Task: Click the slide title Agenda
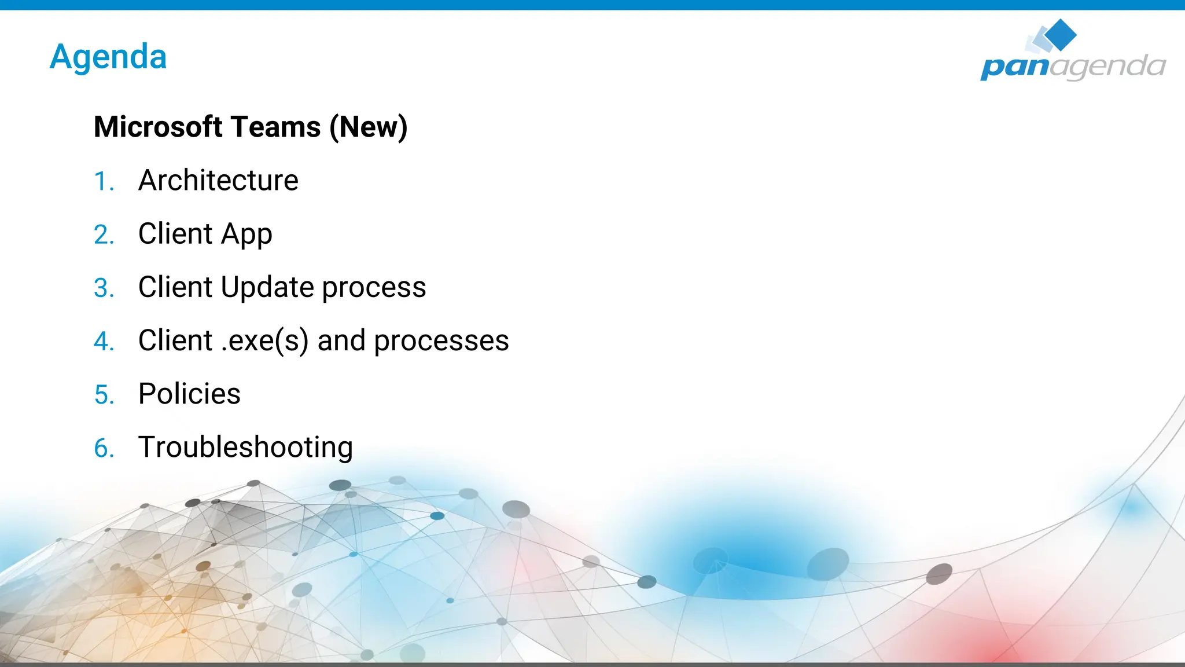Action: pyautogui.click(x=108, y=57)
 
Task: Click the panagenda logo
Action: pyautogui.click(x=1073, y=52)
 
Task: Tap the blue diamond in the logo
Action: pyautogui.click(x=1061, y=34)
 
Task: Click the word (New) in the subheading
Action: pyautogui.click(x=369, y=127)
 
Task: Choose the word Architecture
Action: pyautogui.click(x=218, y=181)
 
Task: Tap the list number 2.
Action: pyautogui.click(x=103, y=235)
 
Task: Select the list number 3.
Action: pyautogui.click(x=103, y=288)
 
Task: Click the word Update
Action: pyautogui.click(x=267, y=288)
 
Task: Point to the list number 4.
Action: pyautogui.click(x=103, y=342)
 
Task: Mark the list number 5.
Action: pyautogui.click(x=103, y=395)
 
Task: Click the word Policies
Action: pyautogui.click(x=189, y=394)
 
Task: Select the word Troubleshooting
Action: pyautogui.click(x=245, y=448)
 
